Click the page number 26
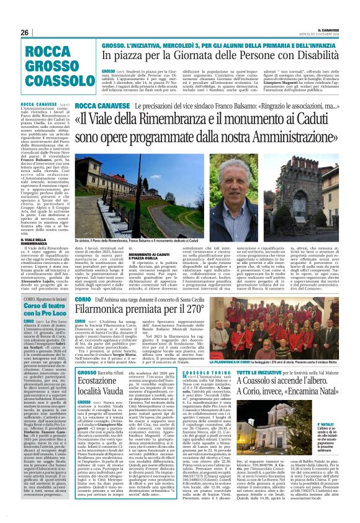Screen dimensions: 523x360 (25, 32)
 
